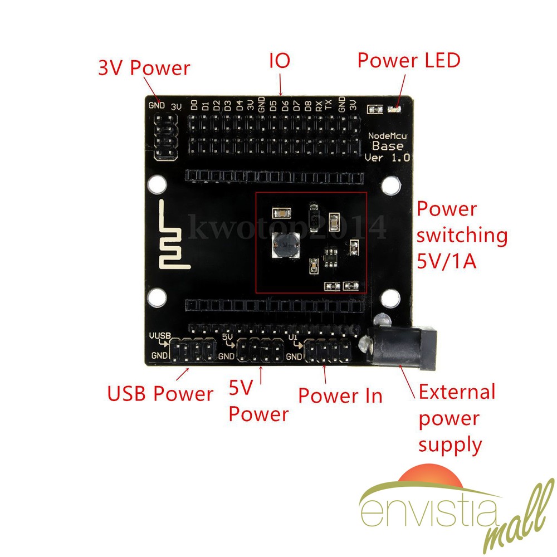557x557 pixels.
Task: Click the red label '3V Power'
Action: [x=144, y=69]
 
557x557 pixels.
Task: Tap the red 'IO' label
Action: [x=280, y=61]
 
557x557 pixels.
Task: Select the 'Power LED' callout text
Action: [x=409, y=60]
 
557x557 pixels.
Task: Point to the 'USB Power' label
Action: [x=160, y=394]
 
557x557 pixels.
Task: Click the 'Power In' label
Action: [x=340, y=395]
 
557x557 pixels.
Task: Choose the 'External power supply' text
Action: [x=457, y=418]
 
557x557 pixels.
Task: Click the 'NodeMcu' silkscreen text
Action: [x=388, y=137]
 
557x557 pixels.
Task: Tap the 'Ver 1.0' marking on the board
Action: [x=388, y=158]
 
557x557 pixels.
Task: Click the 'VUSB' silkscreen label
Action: [x=159, y=336]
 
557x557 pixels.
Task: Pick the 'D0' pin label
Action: [x=194, y=105]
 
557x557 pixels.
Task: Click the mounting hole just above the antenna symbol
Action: [x=157, y=184]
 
